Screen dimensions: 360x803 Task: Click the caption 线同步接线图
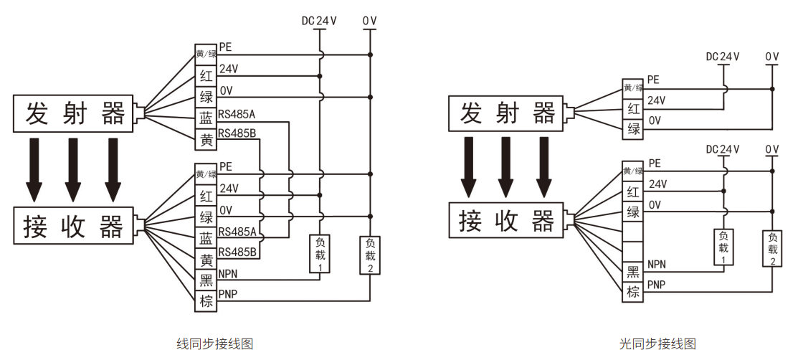pyautogui.click(x=214, y=344)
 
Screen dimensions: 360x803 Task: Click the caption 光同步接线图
pyautogui.click(x=657, y=344)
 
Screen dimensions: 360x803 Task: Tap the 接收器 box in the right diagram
pyautogui.click(x=506, y=221)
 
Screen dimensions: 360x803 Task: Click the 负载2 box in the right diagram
pyautogui.click(x=772, y=249)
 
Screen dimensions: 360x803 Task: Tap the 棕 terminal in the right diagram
pyautogui.click(x=633, y=292)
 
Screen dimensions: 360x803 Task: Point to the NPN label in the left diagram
pyautogui.click(x=228, y=274)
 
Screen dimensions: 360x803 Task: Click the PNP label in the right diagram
pyautogui.click(x=656, y=285)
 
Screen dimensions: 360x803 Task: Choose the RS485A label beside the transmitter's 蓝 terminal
pyautogui.click(x=237, y=113)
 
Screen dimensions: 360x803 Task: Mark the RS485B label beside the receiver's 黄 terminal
pyautogui.click(x=237, y=252)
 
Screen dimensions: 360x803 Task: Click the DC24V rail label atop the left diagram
pyautogui.click(x=319, y=21)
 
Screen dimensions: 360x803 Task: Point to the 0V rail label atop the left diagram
pyautogui.click(x=369, y=21)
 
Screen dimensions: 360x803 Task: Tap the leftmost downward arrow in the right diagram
pyautogui.click(x=468, y=166)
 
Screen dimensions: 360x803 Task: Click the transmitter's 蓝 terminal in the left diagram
pyautogui.click(x=206, y=119)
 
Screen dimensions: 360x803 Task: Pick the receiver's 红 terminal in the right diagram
pyautogui.click(x=633, y=191)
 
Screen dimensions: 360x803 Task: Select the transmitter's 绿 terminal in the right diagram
pyautogui.click(x=633, y=129)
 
